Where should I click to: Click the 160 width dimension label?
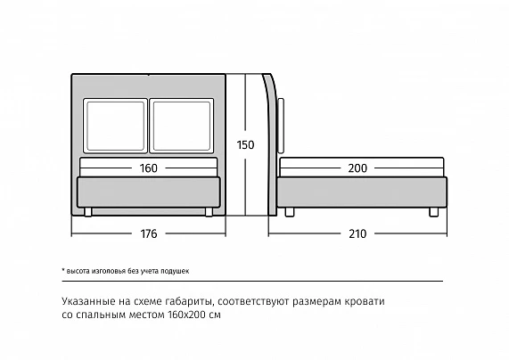pos(148,168)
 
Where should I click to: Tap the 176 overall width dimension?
pos(148,233)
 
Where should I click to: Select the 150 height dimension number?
pos(245,144)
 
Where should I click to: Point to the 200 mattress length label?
pos(357,168)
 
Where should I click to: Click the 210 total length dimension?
pos(357,233)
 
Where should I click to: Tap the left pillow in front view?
pos(115,126)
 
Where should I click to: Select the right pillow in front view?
pos(182,126)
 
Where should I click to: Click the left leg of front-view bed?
pos(88,212)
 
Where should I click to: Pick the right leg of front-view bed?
pos(209,212)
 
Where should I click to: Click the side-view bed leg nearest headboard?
pos(290,212)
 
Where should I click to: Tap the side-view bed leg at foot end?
pos(434,212)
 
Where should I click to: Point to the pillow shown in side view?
pos(281,126)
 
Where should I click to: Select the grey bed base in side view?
pos(362,192)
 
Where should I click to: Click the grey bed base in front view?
pos(148,192)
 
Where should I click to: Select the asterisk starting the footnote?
pos(63,270)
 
